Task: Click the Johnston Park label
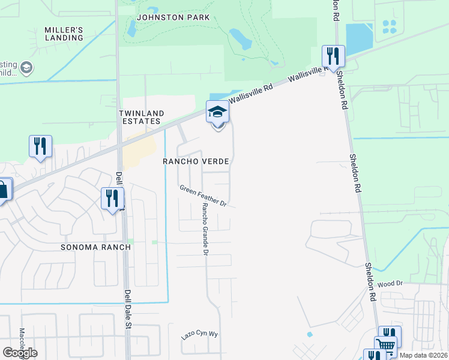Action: click(173, 17)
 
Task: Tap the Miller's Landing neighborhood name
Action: click(64, 34)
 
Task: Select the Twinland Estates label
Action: click(140, 117)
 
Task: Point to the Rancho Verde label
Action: click(196, 162)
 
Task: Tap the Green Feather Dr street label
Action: click(203, 196)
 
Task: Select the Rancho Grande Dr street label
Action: click(205, 229)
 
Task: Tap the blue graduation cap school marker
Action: click(217, 112)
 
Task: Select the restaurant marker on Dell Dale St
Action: click(112, 198)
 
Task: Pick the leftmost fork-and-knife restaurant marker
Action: click(40, 146)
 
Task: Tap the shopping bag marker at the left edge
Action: click(3, 190)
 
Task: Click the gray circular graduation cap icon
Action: click(26, 68)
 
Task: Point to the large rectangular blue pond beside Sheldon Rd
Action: click(359, 38)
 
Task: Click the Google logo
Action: click(20, 353)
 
